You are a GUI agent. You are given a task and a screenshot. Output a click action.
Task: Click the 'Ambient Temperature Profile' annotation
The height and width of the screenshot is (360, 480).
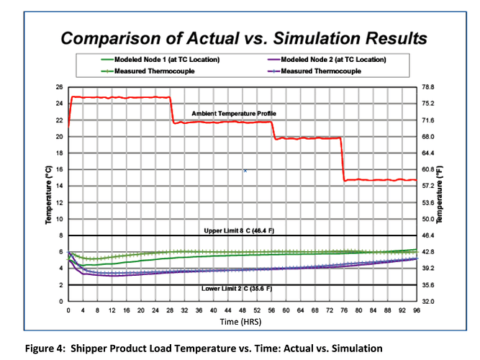point(234,114)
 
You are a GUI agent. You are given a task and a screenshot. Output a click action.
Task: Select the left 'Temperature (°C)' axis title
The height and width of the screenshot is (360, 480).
point(50,194)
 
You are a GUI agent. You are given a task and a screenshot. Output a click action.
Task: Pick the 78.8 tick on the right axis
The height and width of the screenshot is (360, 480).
point(430,87)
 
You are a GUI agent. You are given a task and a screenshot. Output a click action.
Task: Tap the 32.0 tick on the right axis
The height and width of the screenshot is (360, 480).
point(430,301)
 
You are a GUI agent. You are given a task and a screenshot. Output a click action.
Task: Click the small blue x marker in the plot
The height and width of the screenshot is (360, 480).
point(245,171)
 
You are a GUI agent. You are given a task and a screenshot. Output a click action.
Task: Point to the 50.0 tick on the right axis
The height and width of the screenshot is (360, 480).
point(430,219)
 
